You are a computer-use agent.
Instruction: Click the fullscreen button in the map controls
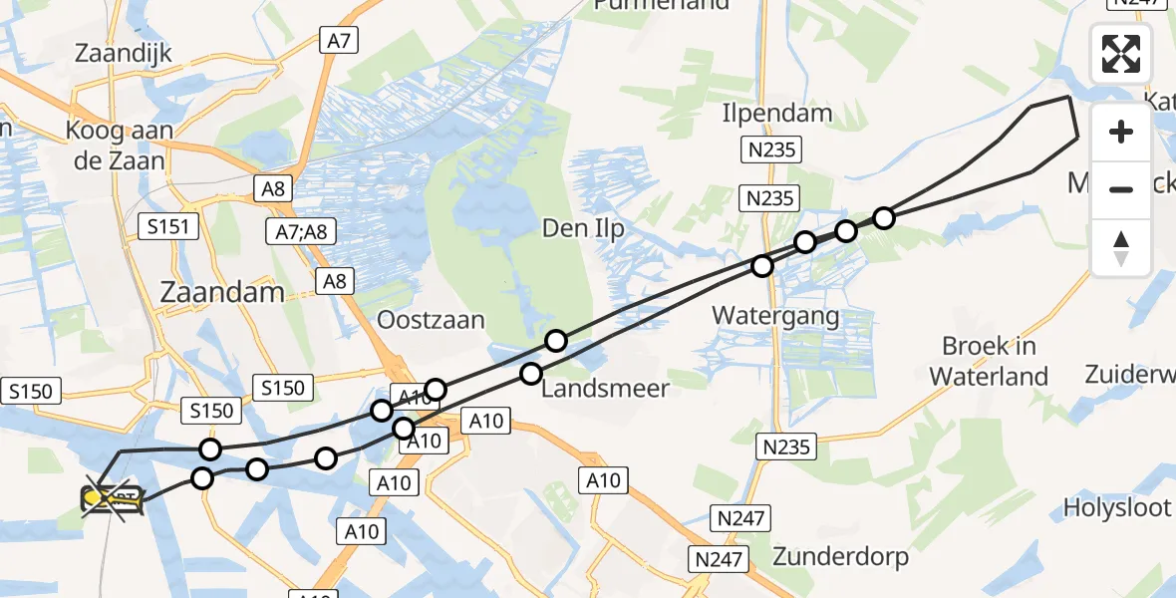tap(1121, 54)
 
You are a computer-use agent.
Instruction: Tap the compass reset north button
tap(1121, 248)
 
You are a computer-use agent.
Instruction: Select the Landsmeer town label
tap(605, 388)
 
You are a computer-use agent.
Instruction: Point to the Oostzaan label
tap(431, 320)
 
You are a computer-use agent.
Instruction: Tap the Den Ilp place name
tap(583, 229)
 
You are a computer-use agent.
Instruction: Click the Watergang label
tap(775, 317)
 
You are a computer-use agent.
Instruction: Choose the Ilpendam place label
tap(777, 113)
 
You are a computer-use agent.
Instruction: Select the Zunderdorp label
tap(840, 556)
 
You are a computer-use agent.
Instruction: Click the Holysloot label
tap(1117, 507)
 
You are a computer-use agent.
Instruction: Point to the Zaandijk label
tap(124, 53)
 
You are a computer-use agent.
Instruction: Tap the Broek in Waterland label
tap(989, 361)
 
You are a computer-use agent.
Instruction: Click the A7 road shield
tap(339, 40)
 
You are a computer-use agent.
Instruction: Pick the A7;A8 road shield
tap(301, 233)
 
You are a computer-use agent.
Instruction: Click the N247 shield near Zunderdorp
tap(736, 517)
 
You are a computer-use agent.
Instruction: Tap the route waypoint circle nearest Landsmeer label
tap(531, 374)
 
